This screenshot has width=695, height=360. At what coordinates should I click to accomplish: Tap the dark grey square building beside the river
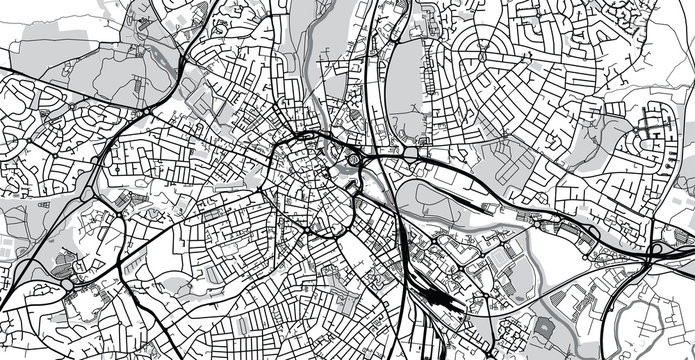[545, 326]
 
